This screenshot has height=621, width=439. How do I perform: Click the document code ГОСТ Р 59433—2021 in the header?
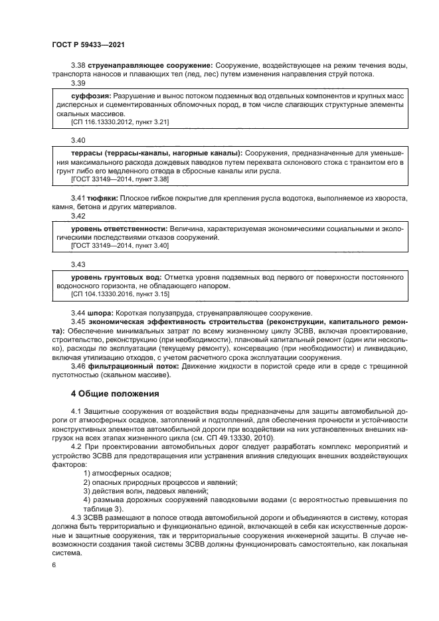[x=88, y=44]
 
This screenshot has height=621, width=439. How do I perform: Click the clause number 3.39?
[x=78, y=83]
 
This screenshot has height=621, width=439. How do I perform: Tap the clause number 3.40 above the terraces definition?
[x=78, y=140]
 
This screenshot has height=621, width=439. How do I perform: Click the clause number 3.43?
[x=78, y=264]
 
